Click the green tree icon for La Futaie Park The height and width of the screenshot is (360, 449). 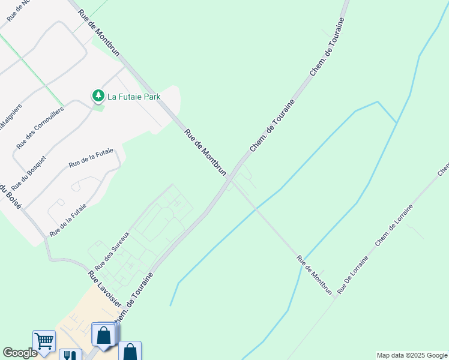click(97, 95)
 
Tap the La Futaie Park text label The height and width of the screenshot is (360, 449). click(134, 96)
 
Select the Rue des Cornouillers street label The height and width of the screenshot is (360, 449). click(41, 128)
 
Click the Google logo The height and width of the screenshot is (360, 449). click(20, 353)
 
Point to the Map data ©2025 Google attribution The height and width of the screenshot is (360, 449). click(412, 355)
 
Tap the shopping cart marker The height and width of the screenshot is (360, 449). click(44, 341)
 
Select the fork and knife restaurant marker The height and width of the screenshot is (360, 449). click(71, 355)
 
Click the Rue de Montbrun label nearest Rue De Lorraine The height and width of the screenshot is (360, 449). click(315, 275)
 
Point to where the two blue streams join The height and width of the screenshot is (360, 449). click(396, 122)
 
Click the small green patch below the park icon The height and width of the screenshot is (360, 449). click(98, 107)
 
